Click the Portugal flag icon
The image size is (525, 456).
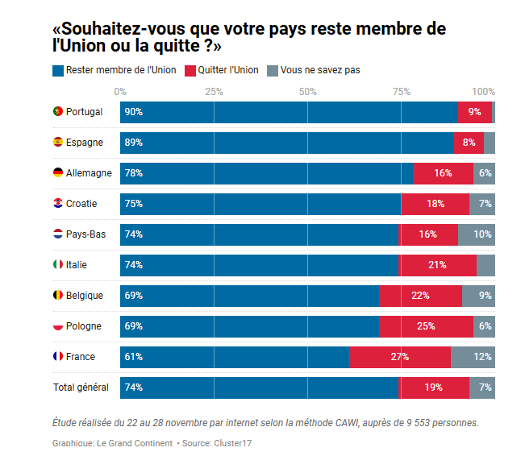click(x=57, y=111)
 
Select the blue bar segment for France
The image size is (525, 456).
click(x=235, y=356)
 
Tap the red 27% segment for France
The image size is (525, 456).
click(x=400, y=356)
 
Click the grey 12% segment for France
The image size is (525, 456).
click(x=473, y=356)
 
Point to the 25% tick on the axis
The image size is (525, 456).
click(x=214, y=91)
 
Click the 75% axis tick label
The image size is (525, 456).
click(x=401, y=91)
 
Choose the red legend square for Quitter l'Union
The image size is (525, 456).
click(x=190, y=70)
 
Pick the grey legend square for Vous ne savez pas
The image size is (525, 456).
click(x=273, y=70)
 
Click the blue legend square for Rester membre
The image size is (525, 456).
click(x=57, y=70)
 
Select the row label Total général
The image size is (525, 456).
click(x=81, y=388)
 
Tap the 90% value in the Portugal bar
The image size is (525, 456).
click(x=134, y=112)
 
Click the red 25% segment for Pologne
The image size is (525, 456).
click(x=426, y=325)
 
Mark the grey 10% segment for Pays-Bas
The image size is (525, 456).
click(x=476, y=234)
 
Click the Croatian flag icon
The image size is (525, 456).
click(x=57, y=203)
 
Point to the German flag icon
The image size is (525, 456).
click(x=57, y=172)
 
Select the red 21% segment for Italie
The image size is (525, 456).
click(x=437, y=264)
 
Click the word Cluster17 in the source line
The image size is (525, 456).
click(x=235, y=443)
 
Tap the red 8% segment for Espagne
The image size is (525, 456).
click(x=469, y=143)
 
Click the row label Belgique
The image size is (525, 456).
click(x=84, y=295)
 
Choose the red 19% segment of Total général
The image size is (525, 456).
click(x=433, y=388)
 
